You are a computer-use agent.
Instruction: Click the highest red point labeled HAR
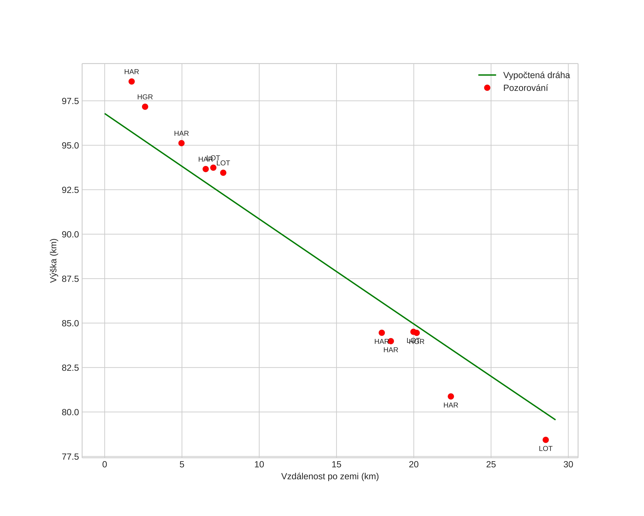click(x=131, y=81)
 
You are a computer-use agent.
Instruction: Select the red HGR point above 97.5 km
click(x=145, y=107)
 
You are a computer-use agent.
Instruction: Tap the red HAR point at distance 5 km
click(x=181, y=143)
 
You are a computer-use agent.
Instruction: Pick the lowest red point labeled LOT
click(x=545, y=440)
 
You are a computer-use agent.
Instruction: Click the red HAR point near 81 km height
click(x=451, y=396)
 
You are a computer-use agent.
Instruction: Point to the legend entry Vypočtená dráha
click(x=536, y=75)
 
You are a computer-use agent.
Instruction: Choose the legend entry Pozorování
click(x=525, y=88)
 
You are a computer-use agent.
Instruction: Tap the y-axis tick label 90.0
click(x=70, y=234)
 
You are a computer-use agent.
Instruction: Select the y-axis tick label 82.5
click(x=70, y=368)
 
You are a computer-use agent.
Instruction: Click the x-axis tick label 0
click(x=105, y=465)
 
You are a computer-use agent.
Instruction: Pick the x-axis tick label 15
click(x=336, y=465)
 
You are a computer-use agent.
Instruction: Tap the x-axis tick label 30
click(x=568, y=465)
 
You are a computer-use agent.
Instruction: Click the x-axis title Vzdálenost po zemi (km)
click(x=330, y=476)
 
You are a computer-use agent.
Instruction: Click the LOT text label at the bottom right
click(x=545, y=449)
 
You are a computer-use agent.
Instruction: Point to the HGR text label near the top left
click(x=145, y=97)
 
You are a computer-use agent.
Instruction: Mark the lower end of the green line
click(x=555, y=420)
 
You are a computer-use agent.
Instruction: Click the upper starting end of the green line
click(x=105, y=114)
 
